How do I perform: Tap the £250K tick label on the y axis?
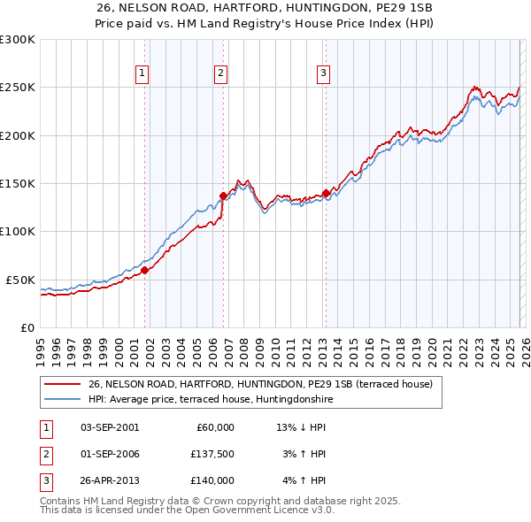[x=18, y=88]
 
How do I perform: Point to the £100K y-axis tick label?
[x=18, y=231]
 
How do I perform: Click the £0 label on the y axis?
[x=27, y=327]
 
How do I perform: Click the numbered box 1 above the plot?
[x=142, y=73]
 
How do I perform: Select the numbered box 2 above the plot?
[x=220, y=73]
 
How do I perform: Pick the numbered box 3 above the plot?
[x=324, y=73]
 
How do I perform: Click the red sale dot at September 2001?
[x=145, y=271]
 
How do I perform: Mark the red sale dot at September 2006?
[x=223, y=196]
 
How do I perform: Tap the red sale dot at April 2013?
[x=327, y=193]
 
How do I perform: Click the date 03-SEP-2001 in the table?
[x=110, y=427]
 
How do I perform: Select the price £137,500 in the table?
[x=212, y=454]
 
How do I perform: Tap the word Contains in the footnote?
[x=61, y=501]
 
